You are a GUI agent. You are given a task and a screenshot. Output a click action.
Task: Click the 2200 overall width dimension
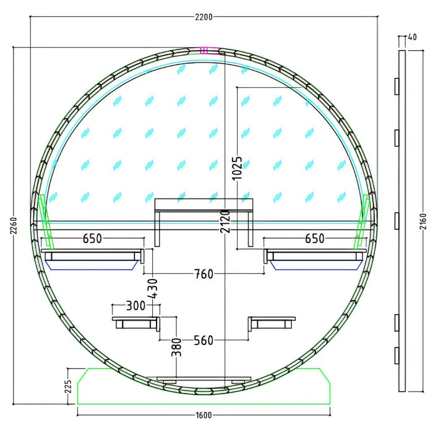pos(204,17)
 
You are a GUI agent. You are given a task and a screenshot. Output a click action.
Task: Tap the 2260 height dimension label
pos(14,226)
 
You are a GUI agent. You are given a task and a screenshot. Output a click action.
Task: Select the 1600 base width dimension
pos(204,415)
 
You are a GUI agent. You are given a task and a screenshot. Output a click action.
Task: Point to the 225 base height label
pos(68,387)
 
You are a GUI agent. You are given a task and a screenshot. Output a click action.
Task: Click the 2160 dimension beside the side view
pos(422,221)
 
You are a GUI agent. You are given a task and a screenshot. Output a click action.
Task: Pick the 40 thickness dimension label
pos(412,37)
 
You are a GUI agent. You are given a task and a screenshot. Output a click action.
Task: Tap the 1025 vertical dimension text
pos(237,168)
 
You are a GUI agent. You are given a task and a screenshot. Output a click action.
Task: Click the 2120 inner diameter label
pos(225,221)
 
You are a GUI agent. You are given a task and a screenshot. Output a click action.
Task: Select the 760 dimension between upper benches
pos(204,274)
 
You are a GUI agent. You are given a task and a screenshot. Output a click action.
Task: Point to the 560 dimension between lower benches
pos(204,340)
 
